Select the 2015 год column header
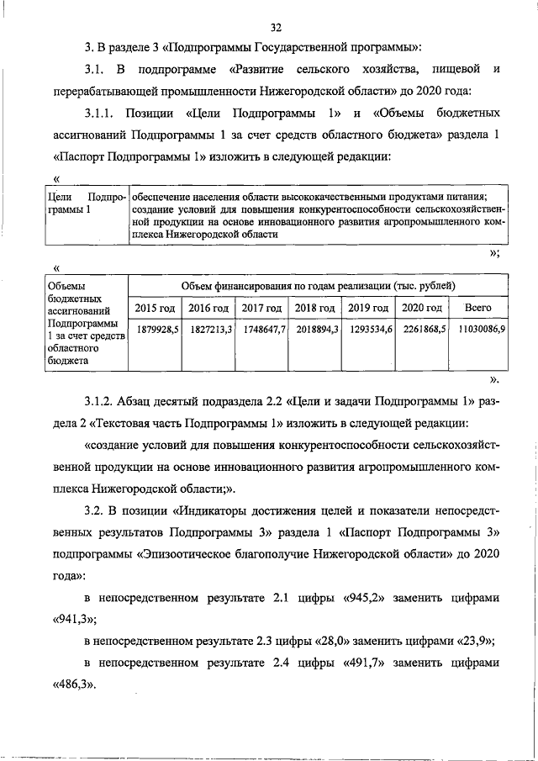(155, 309)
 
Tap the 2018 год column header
(315, 309)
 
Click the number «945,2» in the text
(366, 598)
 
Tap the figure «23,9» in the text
(474, 641)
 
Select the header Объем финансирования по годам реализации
(319, 287)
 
